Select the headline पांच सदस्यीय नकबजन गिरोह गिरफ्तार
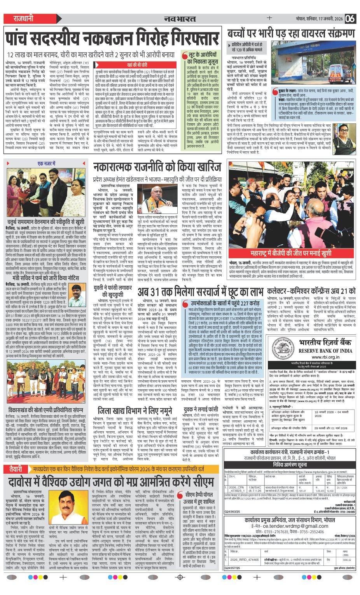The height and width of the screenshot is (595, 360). (112, 39)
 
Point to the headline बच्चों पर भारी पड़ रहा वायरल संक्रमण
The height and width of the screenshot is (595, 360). (292, 34)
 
